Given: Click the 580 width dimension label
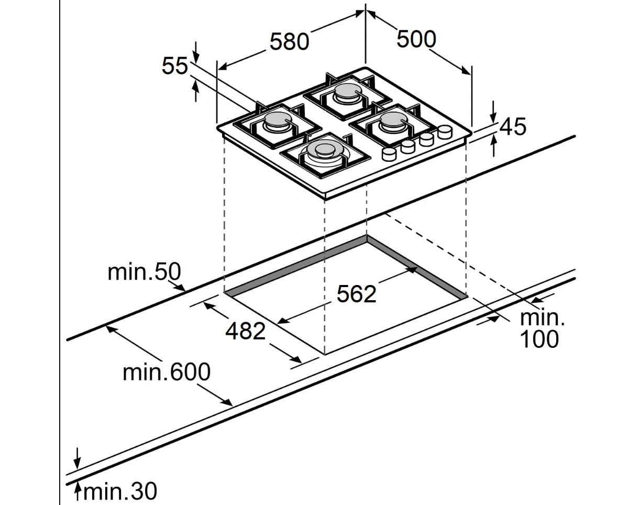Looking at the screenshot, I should (x=289, y=42).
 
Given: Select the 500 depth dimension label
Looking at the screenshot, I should (x=416, y=39).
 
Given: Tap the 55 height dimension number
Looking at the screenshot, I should (x=174, y=66).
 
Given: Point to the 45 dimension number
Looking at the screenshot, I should (x=513, y=127).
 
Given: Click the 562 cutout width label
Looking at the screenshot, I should (x=356, y=294).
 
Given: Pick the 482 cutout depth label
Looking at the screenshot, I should (x=246, y=331).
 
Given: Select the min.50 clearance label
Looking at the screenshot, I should (x=144, y=272).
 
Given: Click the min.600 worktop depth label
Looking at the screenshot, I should (x=167, y=372).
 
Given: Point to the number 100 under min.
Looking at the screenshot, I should (x=539, y=339).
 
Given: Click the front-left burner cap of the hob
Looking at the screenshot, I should (x=321, y=150).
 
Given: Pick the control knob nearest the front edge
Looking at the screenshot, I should (x=389, y=153).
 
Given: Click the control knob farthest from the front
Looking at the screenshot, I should (x=445, y=131).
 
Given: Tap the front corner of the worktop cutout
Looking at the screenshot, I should (x=325, y=355).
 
